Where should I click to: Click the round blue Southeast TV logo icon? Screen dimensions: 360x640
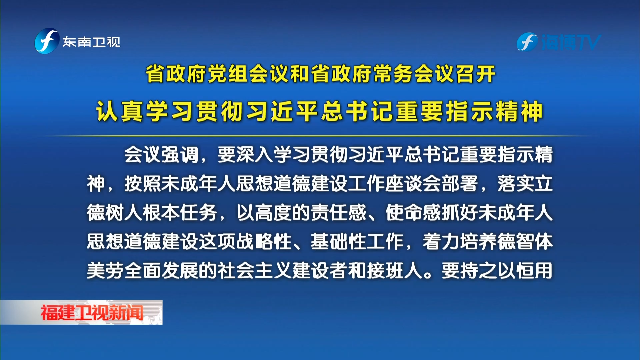(47, 41)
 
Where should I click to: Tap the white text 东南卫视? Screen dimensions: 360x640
(92, 42)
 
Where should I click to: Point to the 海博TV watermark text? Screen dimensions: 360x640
(570, 42)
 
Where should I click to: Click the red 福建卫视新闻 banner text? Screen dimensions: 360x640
(92, 312)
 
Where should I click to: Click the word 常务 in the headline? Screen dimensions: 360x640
(394, 74)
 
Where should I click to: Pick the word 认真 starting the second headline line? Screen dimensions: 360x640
(120, 111)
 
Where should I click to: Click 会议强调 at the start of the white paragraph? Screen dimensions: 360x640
(161, 155)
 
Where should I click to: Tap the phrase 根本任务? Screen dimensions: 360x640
(180, 213)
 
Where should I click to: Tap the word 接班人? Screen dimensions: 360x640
(395, 270)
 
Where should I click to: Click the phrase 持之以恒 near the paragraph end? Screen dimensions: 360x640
(488, 270)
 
